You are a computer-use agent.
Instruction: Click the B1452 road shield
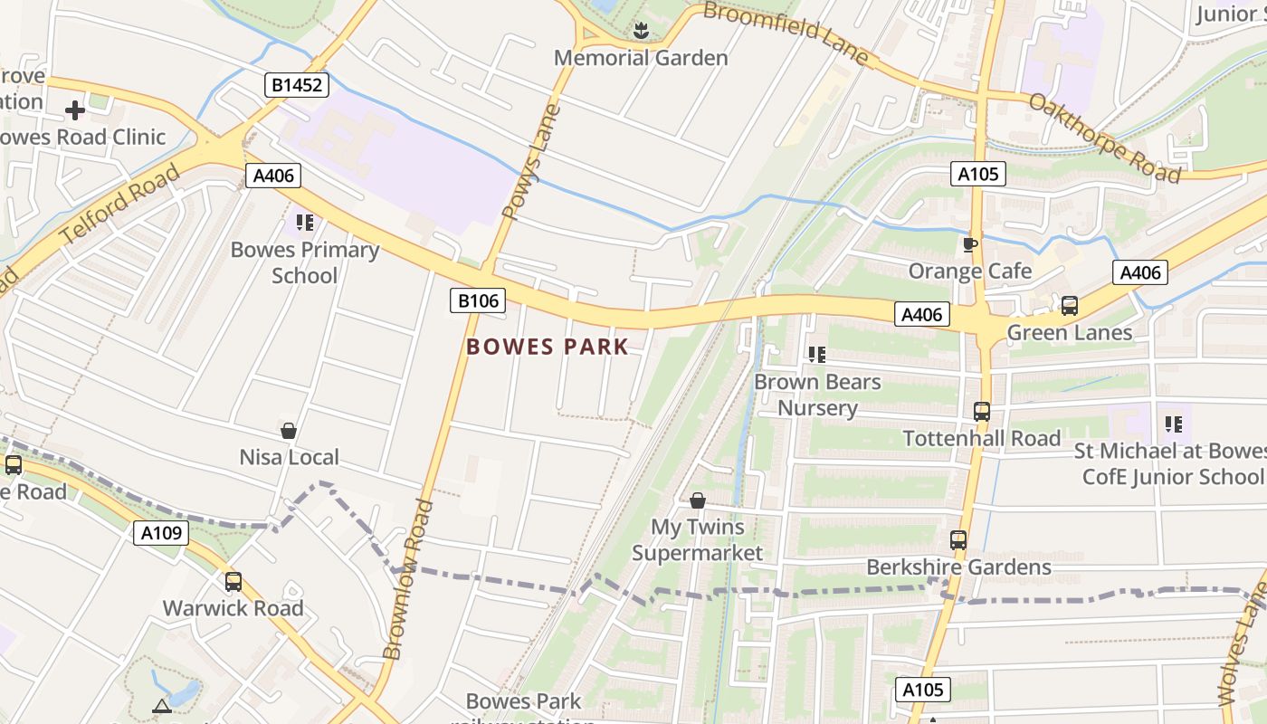click(297, 86)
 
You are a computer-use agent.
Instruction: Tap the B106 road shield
click(477, 300)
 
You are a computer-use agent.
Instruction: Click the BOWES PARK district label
click(547, 347)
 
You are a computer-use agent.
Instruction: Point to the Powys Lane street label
click(531, 164)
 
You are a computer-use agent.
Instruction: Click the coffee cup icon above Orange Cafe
click(970, 244)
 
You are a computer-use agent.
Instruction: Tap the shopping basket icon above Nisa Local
click(289, 431)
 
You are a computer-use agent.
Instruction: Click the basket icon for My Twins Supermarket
click(698, 500)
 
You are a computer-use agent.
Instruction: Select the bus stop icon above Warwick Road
click(233, 582)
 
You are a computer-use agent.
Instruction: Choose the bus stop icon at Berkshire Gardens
click(958, 540)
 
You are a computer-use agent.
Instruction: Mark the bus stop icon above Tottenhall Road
click(982, 412)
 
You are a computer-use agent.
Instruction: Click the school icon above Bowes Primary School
click(305, 222)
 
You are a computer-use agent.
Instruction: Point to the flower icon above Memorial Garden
click(641, 31)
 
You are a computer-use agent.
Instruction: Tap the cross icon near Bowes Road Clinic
click(75, 110)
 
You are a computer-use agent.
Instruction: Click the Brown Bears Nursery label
click(817, 395)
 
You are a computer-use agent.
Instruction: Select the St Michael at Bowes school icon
click(1174, 424)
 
